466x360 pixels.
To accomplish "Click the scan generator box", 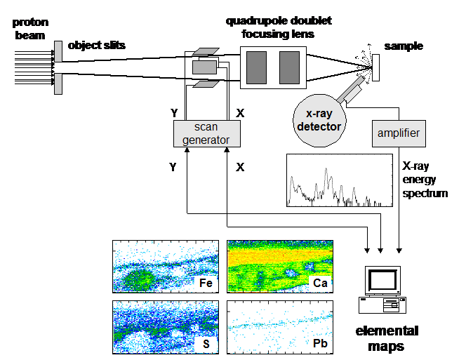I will click(206, 133).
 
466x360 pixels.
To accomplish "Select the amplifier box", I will click(399, 133).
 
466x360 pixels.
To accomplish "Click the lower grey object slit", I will click(58, 84).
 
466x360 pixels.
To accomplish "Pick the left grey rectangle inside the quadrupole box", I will click(256, 67).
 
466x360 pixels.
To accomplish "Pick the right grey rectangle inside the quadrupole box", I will click(289, 67).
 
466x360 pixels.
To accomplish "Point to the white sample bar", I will click(375, 67).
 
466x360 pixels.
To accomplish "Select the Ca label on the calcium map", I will click(319, 283).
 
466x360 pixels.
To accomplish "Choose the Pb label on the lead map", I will click(319, 344).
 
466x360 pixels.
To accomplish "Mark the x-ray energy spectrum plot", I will click(339, 180).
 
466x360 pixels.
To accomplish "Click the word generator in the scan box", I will click(206, 140).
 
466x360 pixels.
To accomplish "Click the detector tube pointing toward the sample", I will click(352, 88).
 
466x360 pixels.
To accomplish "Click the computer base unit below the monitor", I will click(383, 305).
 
